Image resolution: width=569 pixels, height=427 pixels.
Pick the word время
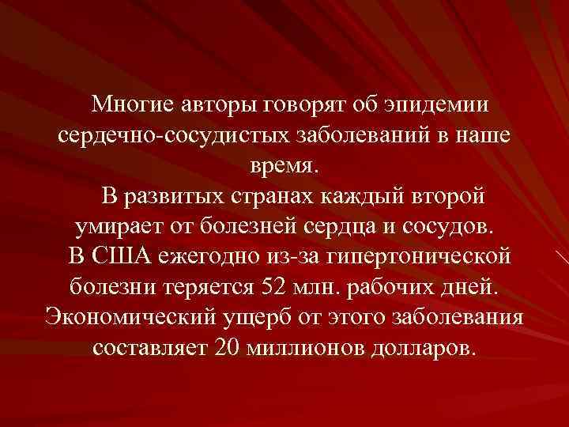[x=284, y=165]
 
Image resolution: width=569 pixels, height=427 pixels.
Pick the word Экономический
[x=122, y=317]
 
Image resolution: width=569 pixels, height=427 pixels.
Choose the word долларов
[x=416, y=347]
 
